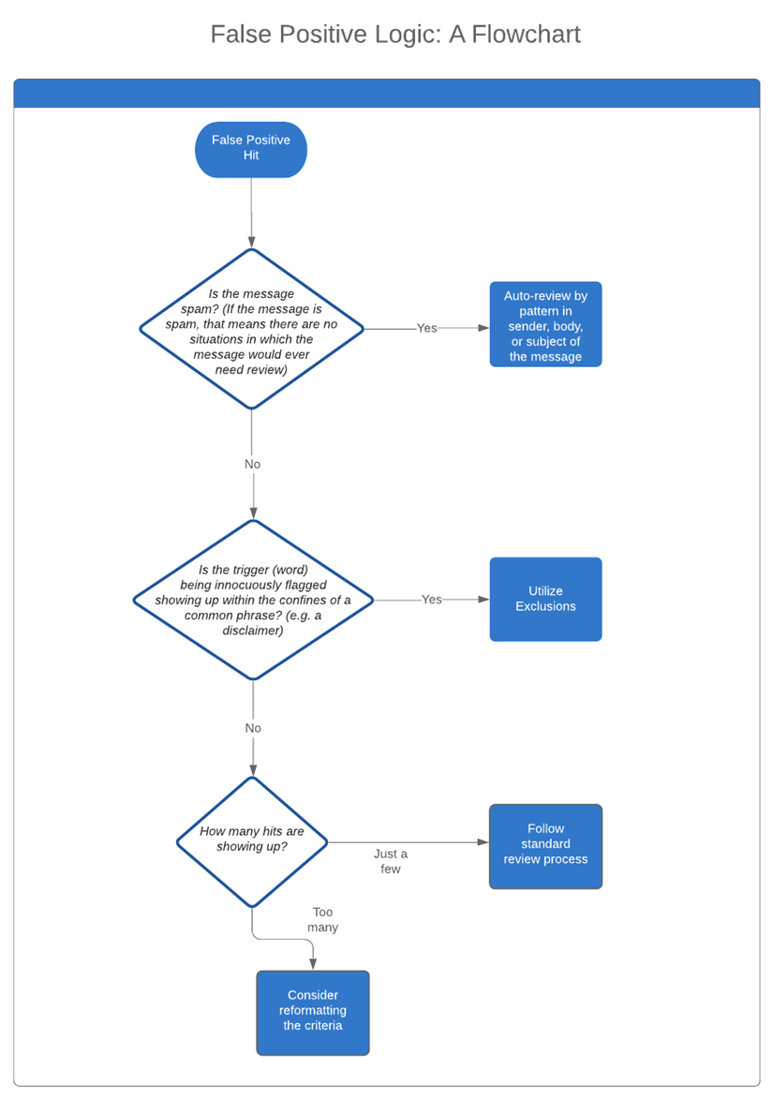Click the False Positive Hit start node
pyautogui.click(x=251, y=149)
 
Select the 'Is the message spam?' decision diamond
pyautogui.click(x=251, y=329)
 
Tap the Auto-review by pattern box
pyautogui.click(x=545, y=324)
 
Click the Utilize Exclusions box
pyautogui.click(x=545, y=599)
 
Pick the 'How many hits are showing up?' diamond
pyautogui.click(x=252, y=840)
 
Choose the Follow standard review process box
pyautogui.click(x=545, y=844)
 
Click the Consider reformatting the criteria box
pyautogui.click(x=313, y=1012)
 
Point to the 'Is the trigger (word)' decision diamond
pyautogui.click(x=253, y=600)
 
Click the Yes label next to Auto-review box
pyautogui.click(x=426, y=328)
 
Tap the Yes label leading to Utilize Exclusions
pyautogui.click(x=431, y=599)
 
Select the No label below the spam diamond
pyautogui.click(x=252, y=464)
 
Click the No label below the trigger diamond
pyautogui.click(x=253, y=728)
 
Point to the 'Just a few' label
pyautogui.click(x=391, y=861)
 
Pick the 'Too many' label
pyautogui.click(x=323, y=919)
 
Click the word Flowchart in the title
pyautogui.click(x=527, y=35)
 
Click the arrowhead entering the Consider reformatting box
pyautogui.click(x=313, y=964)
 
